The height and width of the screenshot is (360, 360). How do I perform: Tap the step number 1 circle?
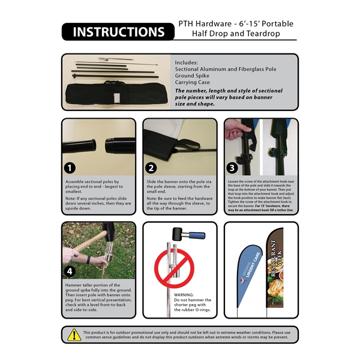(x=71, y=167)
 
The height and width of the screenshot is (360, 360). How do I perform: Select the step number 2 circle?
(x=152, y=167)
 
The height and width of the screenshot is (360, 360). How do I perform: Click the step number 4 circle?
(x=71, y=270)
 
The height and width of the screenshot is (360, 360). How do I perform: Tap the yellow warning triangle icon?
(x=74, y=335)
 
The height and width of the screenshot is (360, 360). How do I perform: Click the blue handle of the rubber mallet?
(x=196, y=236)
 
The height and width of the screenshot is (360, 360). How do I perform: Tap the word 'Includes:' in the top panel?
(x=186, y=62)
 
